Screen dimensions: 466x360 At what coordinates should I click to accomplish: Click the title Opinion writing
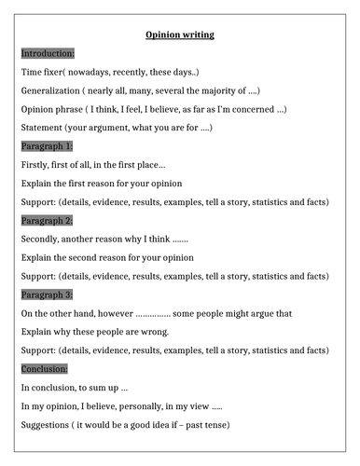tap(180, 34)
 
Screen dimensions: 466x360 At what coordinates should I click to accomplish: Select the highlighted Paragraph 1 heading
tap(47, 146)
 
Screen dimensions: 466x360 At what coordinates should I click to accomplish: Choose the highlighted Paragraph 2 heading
tap(47, 220)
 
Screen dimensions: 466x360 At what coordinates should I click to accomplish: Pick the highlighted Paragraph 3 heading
tap(47, 295)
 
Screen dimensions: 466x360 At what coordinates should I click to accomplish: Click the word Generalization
tap(53, 90)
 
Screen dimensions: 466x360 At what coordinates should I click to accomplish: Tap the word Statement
tap(43, 128)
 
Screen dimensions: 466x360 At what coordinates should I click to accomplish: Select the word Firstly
tap(36, 165)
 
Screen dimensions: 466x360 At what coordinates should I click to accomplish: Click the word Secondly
tap(43, 239)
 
